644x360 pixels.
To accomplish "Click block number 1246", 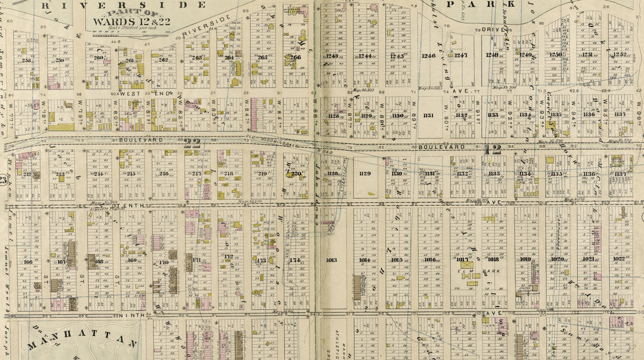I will [x=428, y=56].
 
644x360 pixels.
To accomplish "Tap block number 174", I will [x=294, y=260].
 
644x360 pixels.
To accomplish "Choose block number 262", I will [x=164, y=60].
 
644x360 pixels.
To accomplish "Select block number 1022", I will [x=618, y=259].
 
